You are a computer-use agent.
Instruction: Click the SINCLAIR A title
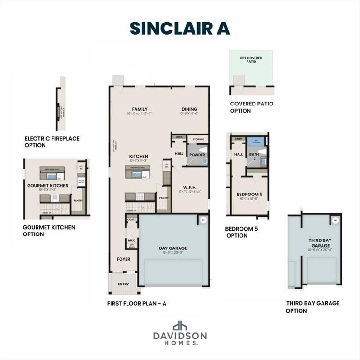point(180,28)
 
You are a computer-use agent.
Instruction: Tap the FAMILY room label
point(140,109)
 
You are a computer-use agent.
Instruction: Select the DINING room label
point(189,109)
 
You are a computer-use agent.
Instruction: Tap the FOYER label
point(124,259)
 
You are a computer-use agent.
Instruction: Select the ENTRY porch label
point(123,284)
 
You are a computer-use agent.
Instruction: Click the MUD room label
point(132,241)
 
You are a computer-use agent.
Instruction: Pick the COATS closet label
point(132,219)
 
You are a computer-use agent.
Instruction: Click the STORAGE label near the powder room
point(198,139)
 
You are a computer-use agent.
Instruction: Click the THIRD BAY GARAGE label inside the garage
point(320,243)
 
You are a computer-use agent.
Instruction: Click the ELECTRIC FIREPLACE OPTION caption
point(52,142)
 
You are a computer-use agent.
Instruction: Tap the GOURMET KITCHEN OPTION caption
point(49,231)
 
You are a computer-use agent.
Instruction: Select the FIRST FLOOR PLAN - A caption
point(136,303)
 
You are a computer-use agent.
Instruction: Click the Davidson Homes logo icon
point(180,326)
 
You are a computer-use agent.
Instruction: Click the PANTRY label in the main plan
point(164,198)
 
